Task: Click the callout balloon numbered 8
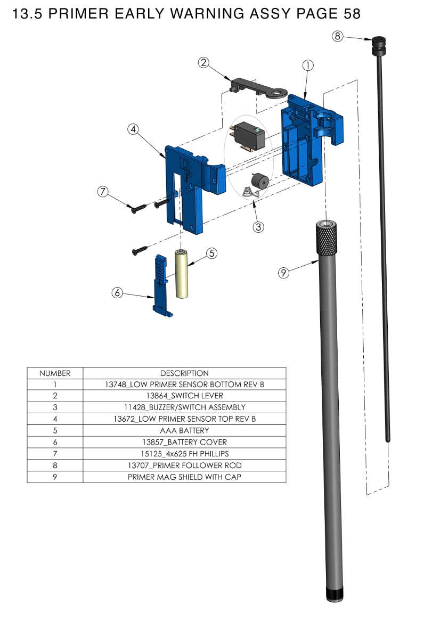[x=337, y=36]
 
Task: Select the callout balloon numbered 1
[x=307, y=65]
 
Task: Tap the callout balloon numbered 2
[x=203, y=62]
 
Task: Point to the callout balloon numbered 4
[x=133, y=129]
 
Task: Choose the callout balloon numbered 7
[x=103, y=192]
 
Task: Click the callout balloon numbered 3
[x=258, y=227]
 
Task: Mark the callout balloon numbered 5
[x=212, y=253]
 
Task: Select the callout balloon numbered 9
[x=283, y=273]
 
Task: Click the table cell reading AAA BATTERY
[x=184, y=430]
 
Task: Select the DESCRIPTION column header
[x=184, y=373]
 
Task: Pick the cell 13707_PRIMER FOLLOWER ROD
[x=184, y=465]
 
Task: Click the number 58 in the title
[x=352, y=14]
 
